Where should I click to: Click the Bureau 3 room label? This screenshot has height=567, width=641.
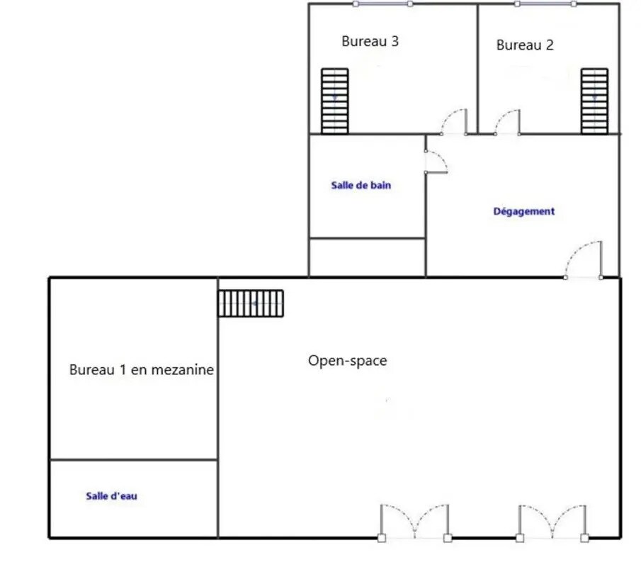tap(370, 41)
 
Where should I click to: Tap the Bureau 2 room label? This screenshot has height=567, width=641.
tap(525, 45)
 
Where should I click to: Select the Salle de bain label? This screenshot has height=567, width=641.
tap(361, 185)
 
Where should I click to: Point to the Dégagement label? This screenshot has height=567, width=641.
tap(524, 211)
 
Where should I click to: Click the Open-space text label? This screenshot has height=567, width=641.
tap(348, 361)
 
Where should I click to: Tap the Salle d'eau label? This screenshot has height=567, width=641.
tap(112, 496)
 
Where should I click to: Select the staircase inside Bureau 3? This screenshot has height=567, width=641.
tap(335, 101)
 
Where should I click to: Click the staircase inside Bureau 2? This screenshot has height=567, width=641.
tap(594, 101)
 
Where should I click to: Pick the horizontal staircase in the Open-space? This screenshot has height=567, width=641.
tap(251, 303)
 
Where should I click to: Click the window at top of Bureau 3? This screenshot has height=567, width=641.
tap(382, 4)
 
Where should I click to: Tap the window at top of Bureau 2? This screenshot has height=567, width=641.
tap(545, 4)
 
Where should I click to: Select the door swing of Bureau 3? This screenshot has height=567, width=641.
tap(454, 121)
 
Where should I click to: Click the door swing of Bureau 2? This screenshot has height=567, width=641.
tap(507, 122)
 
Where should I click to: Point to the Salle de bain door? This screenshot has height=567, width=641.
tap(436, 162)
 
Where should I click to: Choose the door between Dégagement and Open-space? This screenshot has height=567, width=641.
tap(584, 260)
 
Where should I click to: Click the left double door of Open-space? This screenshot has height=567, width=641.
tap(414, 523)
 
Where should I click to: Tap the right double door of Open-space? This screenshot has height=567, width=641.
tap(552, 523)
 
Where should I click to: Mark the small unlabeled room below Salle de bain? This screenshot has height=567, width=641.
tap(367, 258)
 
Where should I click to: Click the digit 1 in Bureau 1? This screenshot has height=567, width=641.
tap(123, 370)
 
